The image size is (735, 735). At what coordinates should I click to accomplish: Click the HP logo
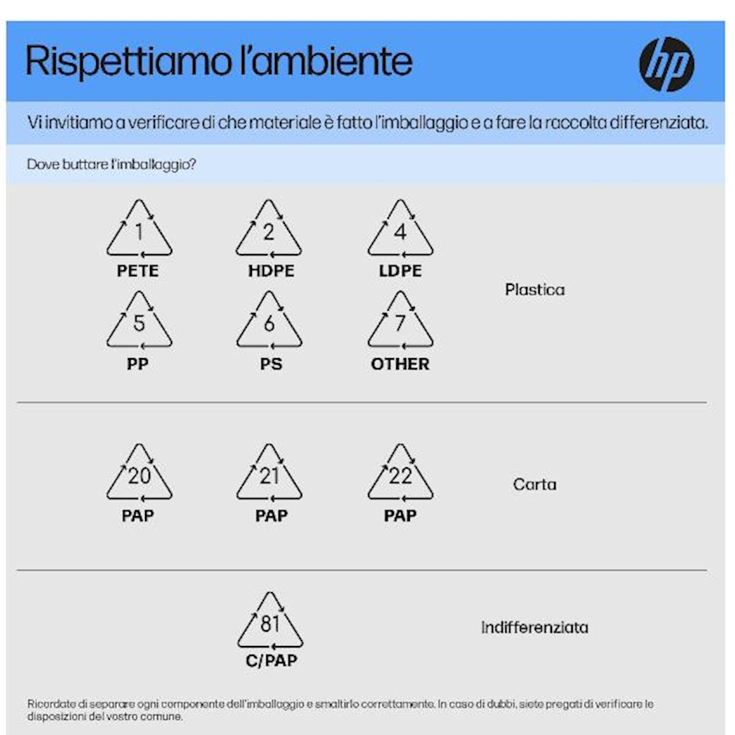point(667,64)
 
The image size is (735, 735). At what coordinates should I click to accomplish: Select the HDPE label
point(271,271)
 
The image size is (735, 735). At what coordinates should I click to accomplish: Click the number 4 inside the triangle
point(400,232)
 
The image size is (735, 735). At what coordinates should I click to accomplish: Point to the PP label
point(137,364)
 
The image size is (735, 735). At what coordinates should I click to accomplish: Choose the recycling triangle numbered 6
point(239,340)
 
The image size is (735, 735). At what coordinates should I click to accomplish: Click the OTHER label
point(400,364)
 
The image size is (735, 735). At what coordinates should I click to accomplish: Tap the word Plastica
point(535,290)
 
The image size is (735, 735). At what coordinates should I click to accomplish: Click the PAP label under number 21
point(271,515)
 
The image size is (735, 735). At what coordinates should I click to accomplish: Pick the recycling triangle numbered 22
point(370,492)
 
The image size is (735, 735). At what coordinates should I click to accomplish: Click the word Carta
point(535,484)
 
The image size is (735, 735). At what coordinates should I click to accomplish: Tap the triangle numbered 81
point(240,640)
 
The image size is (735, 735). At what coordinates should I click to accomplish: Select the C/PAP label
point(271,660)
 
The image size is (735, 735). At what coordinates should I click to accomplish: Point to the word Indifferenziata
point(535,627)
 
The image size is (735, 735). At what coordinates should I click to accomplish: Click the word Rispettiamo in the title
point(128,62)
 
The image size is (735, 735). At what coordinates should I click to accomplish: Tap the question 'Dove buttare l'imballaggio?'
point(111,164)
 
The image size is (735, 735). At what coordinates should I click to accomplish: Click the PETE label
point(137,271)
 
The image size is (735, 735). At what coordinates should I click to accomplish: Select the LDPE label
point(401,271)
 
